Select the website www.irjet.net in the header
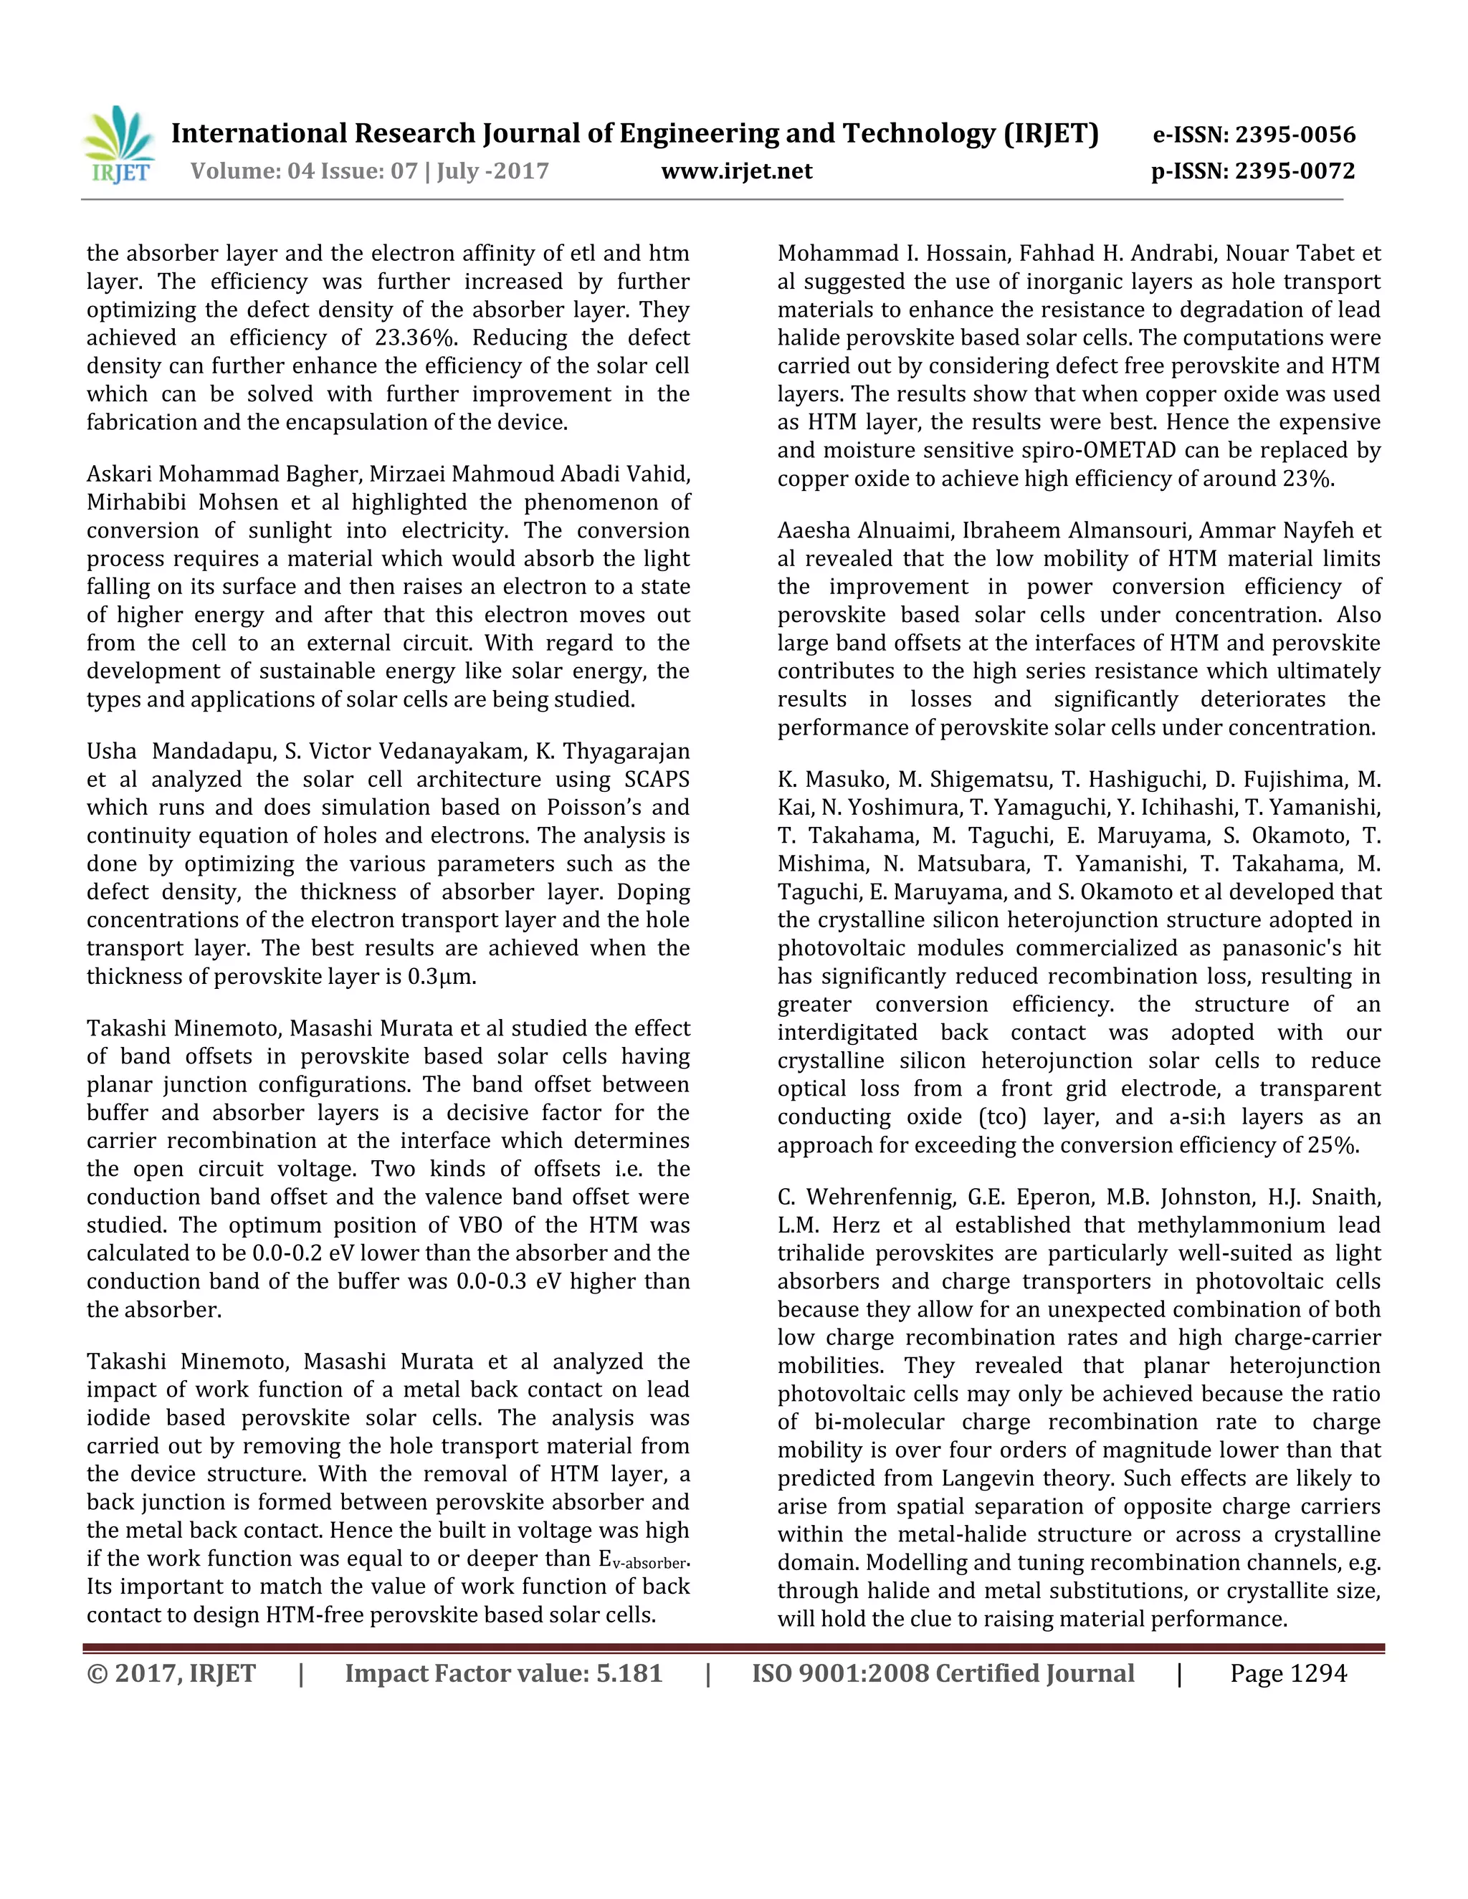click(737, 171)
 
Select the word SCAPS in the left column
click(657, 779)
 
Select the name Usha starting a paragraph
click(111, 751)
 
